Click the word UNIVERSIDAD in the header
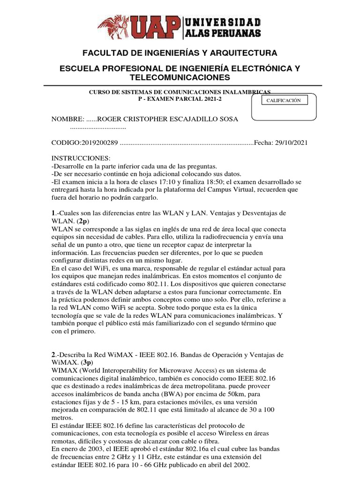click(x=223, y=22)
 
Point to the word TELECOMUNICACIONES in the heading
click(x=180, y=77)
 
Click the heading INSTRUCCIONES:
click(x=80, y=158)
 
